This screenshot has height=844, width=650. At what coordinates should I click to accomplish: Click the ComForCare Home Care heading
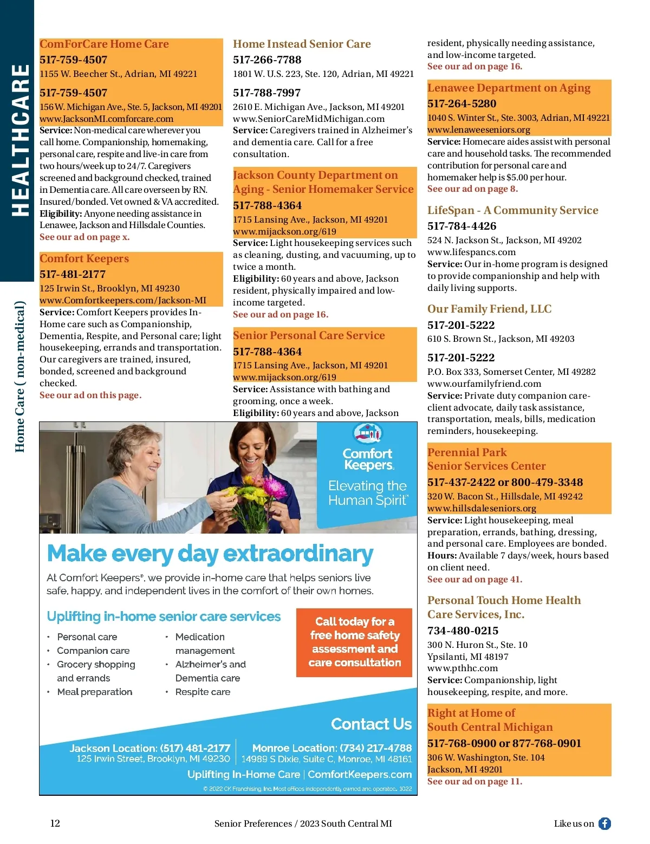104,44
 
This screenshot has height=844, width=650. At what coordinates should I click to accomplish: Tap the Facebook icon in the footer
604,823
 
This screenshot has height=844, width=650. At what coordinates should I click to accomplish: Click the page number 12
55,823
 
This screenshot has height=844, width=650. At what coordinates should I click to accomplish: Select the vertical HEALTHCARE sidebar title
21,141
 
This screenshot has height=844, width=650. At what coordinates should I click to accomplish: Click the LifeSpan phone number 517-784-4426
461,226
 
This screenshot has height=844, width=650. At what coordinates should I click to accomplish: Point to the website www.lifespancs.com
471,252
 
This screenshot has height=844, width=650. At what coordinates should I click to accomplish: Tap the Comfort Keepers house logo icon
367,433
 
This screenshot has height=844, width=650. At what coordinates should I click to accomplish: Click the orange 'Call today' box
354,642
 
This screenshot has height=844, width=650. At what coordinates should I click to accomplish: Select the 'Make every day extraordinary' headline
210,554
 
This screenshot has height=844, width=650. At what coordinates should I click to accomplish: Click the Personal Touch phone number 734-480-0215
463,631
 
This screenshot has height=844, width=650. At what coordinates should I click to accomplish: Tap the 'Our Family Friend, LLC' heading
489,309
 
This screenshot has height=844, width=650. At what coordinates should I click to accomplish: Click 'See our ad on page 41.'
474,579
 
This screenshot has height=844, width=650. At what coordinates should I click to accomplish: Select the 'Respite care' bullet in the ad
203,692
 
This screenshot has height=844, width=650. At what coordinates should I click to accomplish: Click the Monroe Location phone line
332,748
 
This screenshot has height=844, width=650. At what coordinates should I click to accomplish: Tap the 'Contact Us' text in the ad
371,724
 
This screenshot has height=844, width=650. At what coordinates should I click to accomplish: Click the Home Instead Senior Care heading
302,44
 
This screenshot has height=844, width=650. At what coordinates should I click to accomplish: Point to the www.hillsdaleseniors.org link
482,508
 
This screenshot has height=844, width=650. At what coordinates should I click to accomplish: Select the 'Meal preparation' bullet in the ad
95,692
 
